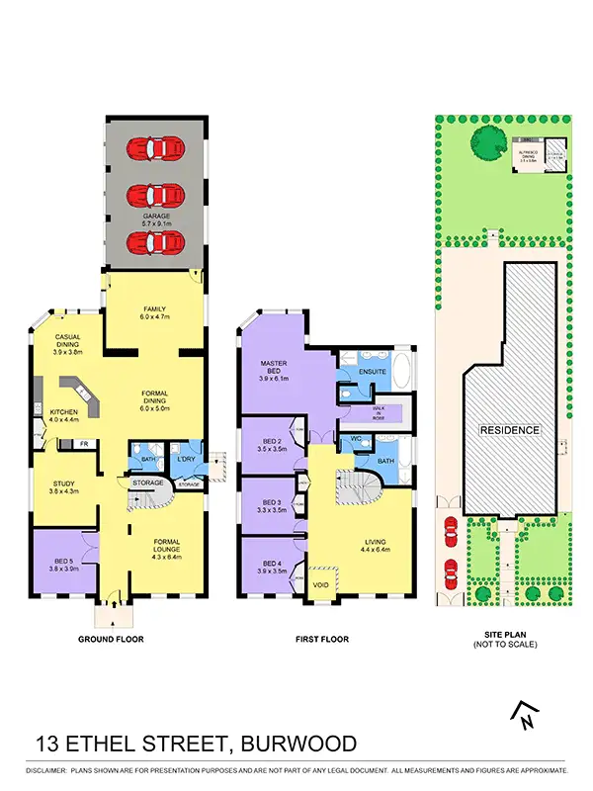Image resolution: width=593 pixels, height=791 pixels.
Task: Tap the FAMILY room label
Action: coord(153,310)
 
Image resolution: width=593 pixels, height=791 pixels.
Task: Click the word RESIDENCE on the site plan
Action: coord(510,430)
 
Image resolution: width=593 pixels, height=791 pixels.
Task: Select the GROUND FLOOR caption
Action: coord(111,640)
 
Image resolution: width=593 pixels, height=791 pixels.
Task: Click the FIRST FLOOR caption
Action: coord(321,640)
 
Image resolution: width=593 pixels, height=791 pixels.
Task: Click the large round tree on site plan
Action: coord(485,142)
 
